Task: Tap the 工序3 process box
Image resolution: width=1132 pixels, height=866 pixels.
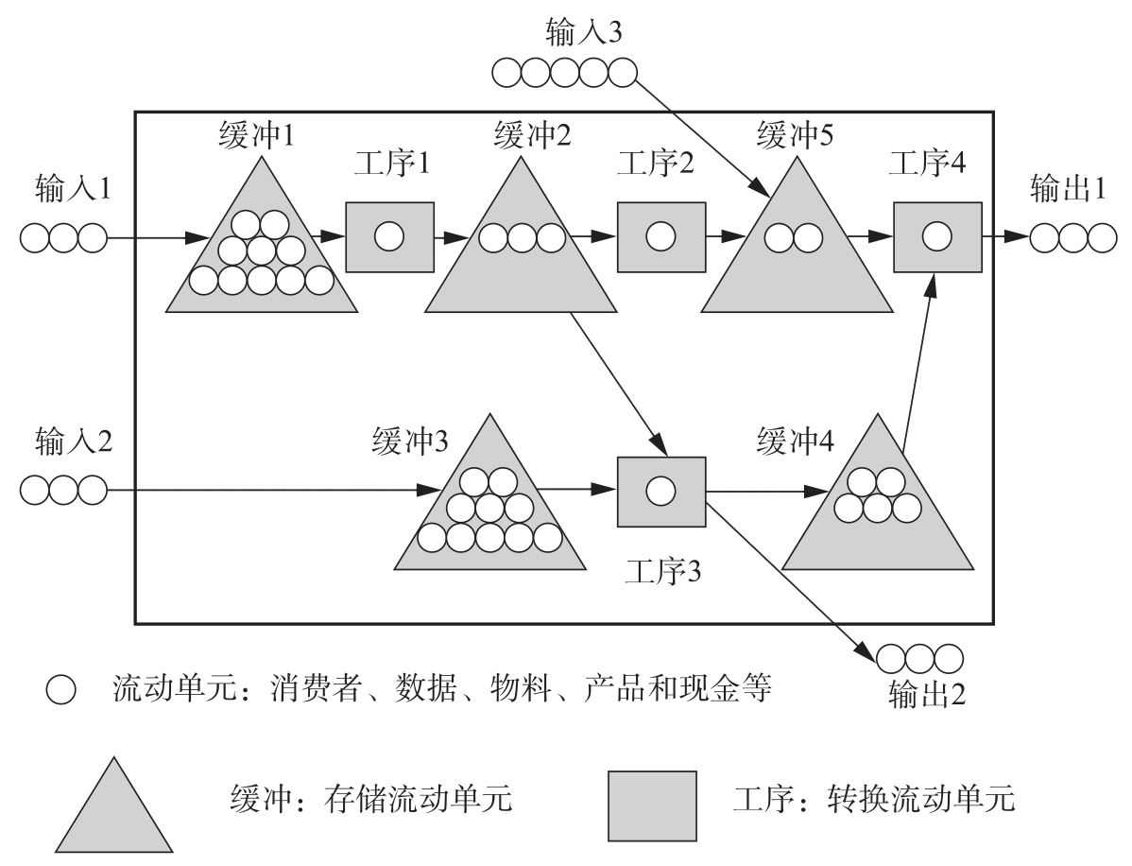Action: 660,492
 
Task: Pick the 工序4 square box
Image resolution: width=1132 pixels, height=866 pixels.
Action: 937,236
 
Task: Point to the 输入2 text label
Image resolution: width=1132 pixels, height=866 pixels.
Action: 71,440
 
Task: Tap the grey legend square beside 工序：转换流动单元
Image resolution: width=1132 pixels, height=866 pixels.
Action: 652,805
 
